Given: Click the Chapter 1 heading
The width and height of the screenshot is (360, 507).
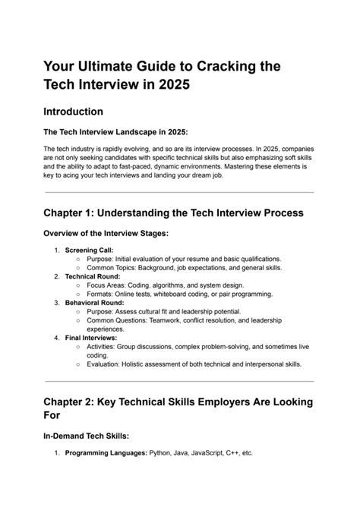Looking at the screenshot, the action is pos(173,213).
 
